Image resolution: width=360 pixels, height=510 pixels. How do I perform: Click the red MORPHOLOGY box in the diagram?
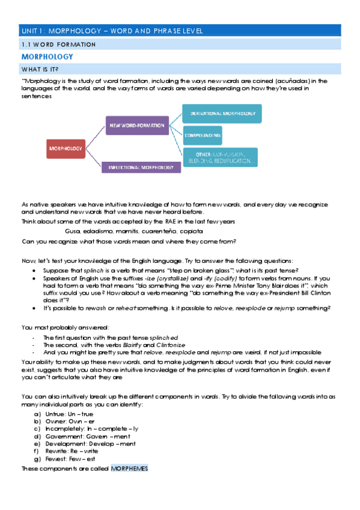point(66,148)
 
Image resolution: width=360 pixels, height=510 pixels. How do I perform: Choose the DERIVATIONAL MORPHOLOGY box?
point(222,114)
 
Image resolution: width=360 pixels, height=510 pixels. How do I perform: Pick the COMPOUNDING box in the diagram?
point(202,136)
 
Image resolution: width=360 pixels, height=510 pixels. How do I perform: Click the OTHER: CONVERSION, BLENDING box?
point(220,158)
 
